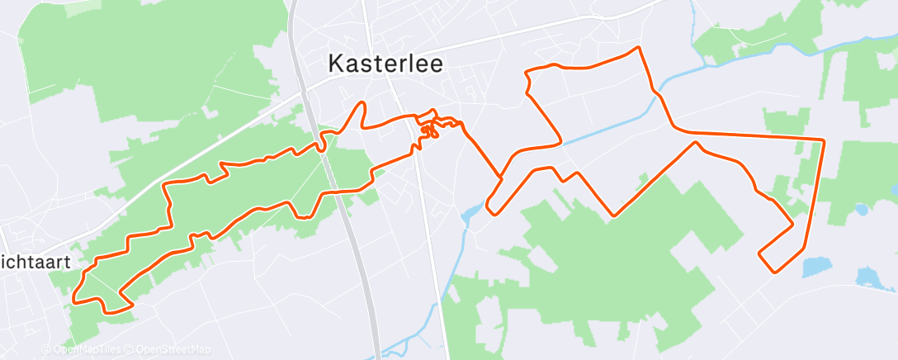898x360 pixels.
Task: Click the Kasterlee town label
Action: click(386, 64)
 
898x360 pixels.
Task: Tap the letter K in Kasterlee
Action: click(336, 64)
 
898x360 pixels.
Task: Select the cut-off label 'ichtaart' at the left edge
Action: click(35, 262)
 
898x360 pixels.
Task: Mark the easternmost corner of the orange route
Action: click(824, 140)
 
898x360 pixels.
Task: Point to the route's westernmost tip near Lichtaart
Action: click(73, 298)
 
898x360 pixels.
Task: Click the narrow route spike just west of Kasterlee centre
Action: click(360, 104)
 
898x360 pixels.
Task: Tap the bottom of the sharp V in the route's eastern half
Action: click(614, 216)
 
